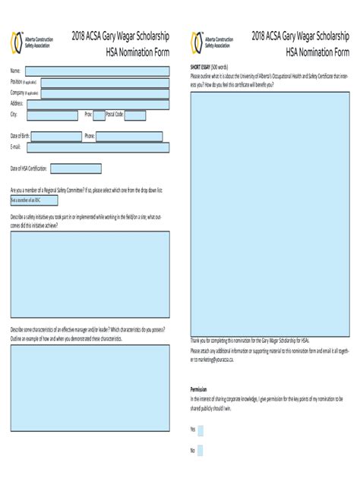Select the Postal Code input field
tap(135, 115)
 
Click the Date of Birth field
tap(55, 137)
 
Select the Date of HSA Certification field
tap(77, 168)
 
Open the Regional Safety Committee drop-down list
tap(32, 200)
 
